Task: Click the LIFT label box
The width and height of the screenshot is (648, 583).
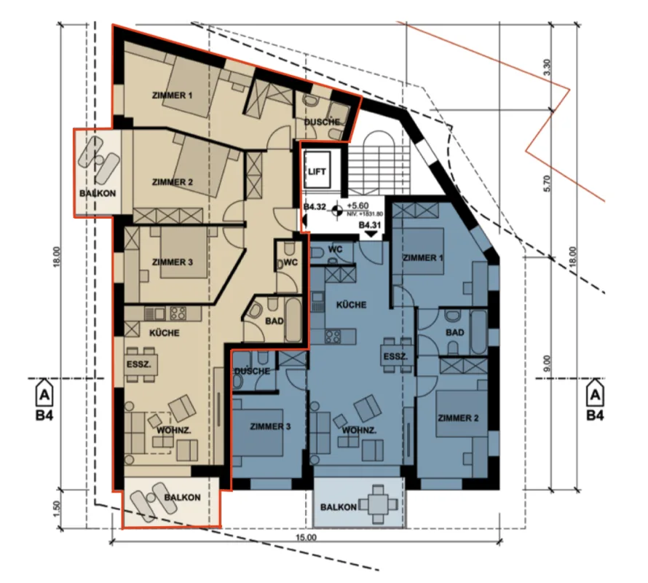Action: pos(317,171)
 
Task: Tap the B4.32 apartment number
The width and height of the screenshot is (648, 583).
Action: pos(315,206)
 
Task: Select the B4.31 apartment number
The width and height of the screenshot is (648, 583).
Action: pos(369,225)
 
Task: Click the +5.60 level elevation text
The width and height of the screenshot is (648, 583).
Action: pos(358,206)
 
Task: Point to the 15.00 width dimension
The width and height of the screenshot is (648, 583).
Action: pos(307,538)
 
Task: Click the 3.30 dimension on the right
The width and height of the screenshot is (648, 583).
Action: pos(548,68)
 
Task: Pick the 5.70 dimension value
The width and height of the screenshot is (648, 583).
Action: pos(548,183)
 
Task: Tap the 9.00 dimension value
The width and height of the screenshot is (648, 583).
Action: pos(548,364)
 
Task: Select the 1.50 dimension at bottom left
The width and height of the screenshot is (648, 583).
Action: pos(57,509)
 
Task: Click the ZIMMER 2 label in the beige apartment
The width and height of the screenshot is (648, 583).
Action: pos(173,182)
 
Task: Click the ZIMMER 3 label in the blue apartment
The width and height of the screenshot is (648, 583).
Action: pos(270,426)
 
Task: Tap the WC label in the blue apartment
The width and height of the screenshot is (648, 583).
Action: pos(335,249)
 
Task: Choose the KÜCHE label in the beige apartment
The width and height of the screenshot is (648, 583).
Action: pos(164,332)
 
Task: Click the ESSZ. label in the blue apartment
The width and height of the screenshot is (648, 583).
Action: pos(395,356)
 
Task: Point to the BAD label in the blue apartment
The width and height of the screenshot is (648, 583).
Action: pos(454,332)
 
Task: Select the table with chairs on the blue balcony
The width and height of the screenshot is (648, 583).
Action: pos(379,504)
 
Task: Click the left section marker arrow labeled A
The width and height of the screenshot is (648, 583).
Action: pos(44,395)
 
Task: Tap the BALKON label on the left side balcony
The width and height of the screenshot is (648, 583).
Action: pos(98,193)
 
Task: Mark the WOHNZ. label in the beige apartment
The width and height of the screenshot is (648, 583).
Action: pos(173,430)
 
